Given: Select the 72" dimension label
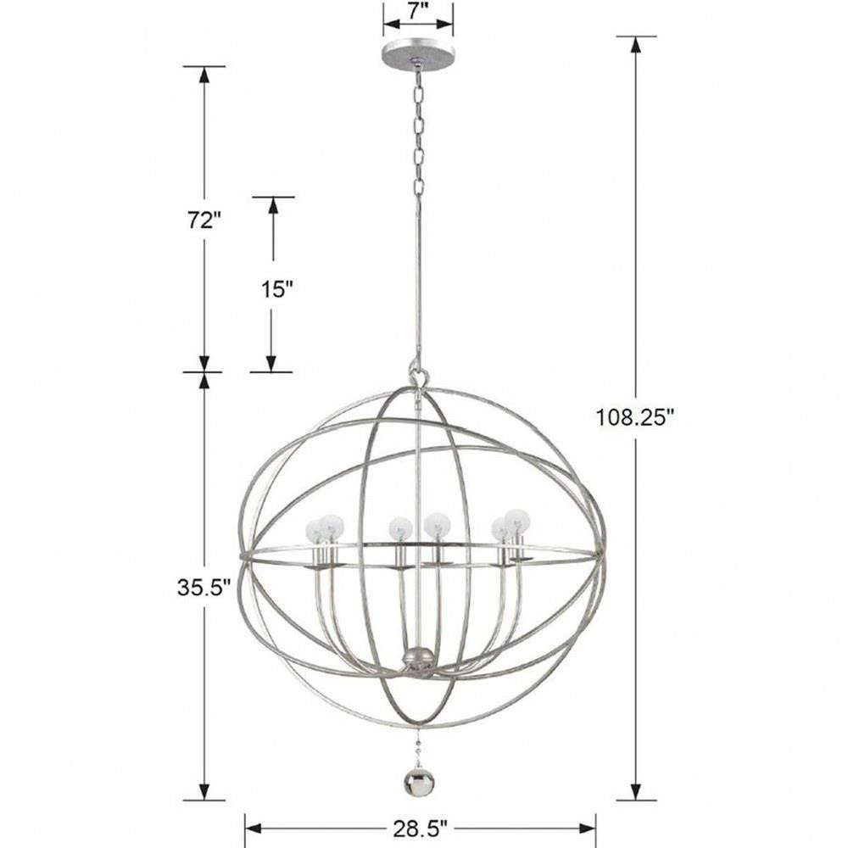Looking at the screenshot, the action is (x=204, y=220).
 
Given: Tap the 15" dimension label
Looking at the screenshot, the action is (x=277, y=289).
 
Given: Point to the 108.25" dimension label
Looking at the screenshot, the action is (x=635, y=417).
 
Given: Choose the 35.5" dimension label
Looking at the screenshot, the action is (x=204, y=588).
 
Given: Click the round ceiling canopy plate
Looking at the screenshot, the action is (x=418, y=54).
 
